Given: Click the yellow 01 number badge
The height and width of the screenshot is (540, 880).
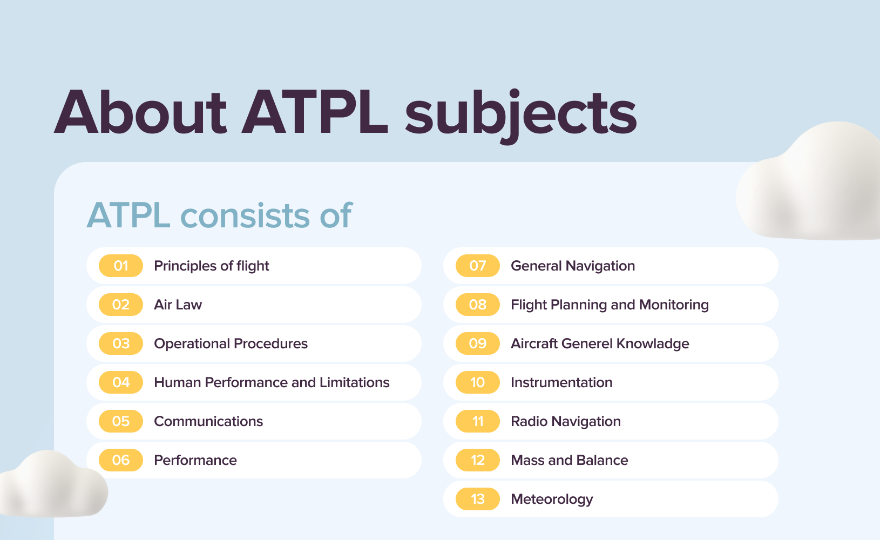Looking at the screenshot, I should pos(121,266).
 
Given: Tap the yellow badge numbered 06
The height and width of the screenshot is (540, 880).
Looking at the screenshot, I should pos(121,460).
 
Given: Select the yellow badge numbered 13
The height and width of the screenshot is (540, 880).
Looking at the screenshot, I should pos(478,499).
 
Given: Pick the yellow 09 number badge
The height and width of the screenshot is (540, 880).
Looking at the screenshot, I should pos(478,343).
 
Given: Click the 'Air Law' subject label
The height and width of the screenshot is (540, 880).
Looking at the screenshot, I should pos(178,305).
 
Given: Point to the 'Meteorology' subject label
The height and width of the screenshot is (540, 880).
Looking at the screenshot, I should pos(552,500).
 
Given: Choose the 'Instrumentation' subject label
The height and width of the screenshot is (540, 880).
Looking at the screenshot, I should pos(561,382).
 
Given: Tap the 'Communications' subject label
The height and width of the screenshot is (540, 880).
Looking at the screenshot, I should pos(208,421).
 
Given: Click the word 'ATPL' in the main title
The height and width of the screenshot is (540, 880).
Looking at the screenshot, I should pos(315,113).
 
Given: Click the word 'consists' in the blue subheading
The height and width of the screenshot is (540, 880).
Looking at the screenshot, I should pos(244,215).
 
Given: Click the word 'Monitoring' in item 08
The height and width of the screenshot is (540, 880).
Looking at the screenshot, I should pos(674,305).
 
